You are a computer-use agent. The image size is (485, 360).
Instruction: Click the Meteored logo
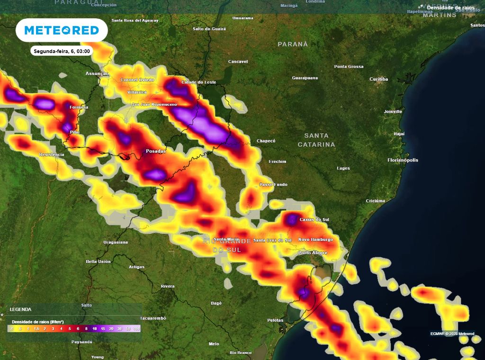pos(62,30)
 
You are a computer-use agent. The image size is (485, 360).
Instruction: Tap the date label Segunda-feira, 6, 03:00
pos(62,50)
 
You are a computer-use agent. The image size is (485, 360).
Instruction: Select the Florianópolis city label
pos(403,160)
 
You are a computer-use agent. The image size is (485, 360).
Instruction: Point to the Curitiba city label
pos(378,79)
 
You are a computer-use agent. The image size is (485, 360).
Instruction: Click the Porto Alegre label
pos(312,253)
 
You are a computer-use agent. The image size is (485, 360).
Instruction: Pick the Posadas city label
pos(156,151)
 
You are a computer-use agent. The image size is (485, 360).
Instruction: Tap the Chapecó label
pos(266,141)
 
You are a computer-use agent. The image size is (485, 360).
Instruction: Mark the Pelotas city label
pos(275,320)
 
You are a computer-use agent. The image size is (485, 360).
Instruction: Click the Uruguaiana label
pos(116,242)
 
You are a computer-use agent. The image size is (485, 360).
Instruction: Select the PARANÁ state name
pos(293,44)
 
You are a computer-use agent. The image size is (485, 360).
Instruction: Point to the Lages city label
pos(343,168)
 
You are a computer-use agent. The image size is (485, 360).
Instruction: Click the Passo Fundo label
pos(273,184)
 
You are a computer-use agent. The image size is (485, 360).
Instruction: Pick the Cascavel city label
pos(238,62)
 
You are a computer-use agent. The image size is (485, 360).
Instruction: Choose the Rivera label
pos(168,286)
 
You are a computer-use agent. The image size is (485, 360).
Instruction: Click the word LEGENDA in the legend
pos(20,309)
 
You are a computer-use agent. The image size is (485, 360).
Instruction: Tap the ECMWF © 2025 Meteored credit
pos(452,333)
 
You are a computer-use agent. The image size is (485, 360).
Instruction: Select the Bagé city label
pos(216,303)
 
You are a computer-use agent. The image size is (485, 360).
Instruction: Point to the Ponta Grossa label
pos(349,66)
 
